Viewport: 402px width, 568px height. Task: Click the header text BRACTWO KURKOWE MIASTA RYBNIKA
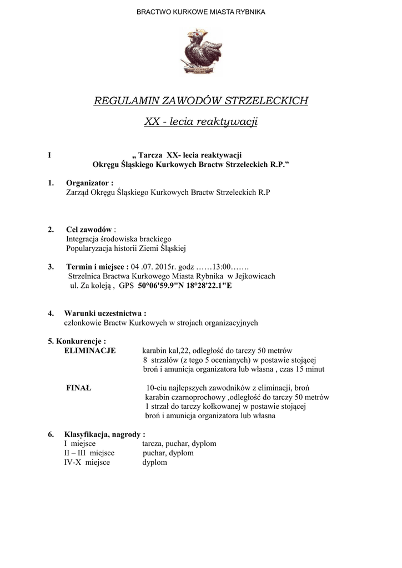click(x=201, y=12)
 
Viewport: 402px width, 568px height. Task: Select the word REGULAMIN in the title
click(x=126, y=101)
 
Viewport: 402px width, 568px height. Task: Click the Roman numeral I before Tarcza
click(x=50, y=155)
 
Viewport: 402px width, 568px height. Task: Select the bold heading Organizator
click(x=89, y=183)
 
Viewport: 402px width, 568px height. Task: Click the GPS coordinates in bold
click(x=185, y=285)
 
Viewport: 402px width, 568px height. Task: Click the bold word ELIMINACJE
click(x=90, y=351)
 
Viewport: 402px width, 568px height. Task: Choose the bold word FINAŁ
click(x=79, y=388)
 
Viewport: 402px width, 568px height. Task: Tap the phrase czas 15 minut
click(x=303, y=369)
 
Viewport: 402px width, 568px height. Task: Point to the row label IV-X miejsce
click(x=87, y=462)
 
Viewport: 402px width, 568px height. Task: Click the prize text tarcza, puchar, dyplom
click(x=179, y=444)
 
